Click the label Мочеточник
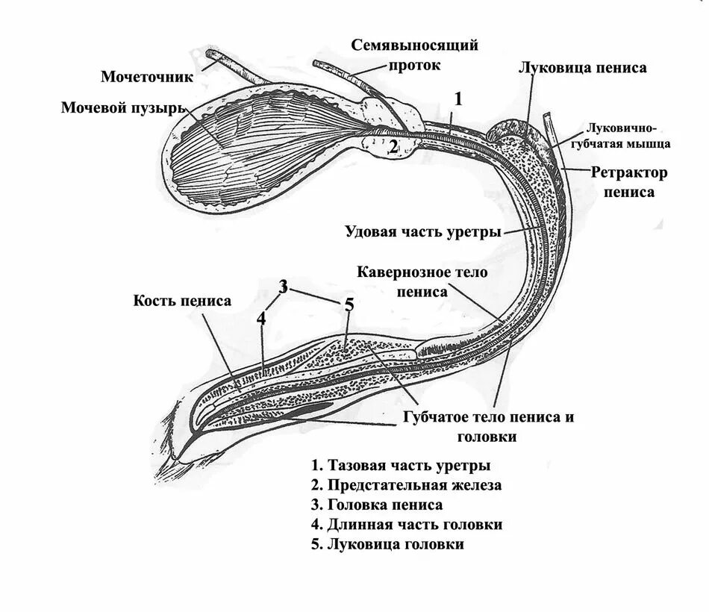147,76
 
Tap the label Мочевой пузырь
122,109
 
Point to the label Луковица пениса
582,68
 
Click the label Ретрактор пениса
629,182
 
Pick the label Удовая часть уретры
422,231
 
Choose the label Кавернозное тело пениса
422,281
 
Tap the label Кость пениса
182,301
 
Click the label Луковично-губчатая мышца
628,134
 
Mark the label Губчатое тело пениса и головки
489,426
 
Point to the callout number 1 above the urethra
459,99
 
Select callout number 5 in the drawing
349,305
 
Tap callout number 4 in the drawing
261,318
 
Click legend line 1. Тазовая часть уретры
402,466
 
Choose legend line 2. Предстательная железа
407,485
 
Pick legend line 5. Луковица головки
388,544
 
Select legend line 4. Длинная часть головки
407,525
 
